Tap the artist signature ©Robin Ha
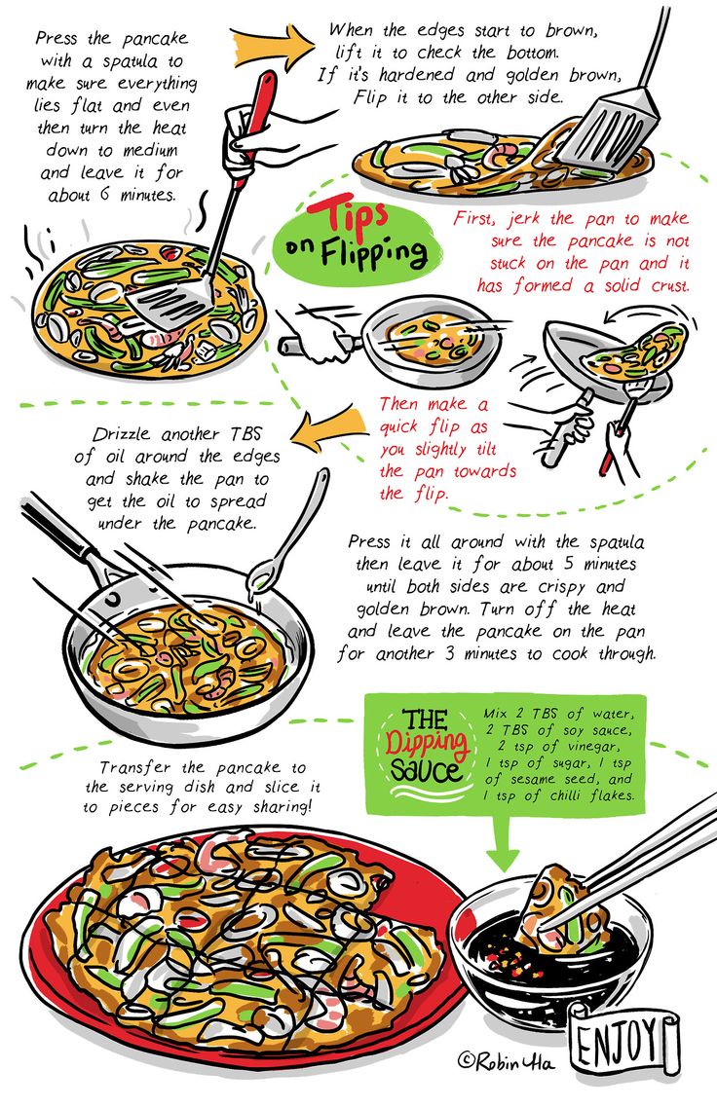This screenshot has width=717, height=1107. pos(507,1061)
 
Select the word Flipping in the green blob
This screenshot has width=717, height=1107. pos(374,252)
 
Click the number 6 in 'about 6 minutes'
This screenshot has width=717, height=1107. pos(105,194)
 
